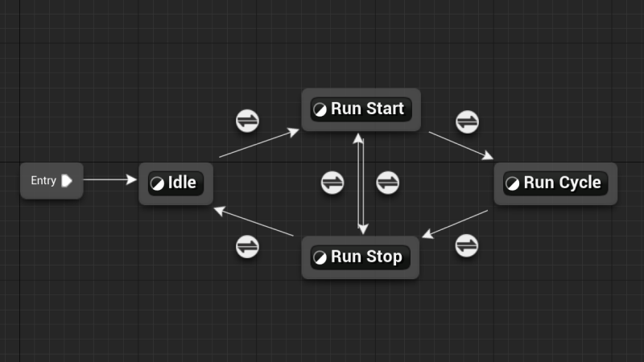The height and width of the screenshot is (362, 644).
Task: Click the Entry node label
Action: pyautogui.click(x=43, y=180)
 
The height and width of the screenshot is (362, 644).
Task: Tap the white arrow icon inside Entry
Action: pyautogui.click(x=67, y=180)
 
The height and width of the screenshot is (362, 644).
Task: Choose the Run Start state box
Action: pyautogui.click(x=361, y=109)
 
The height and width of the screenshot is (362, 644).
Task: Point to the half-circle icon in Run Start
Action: pyautogui.click(x=320, y=109)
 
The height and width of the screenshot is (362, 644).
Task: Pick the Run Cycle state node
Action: pyautogui.click(x=555, y=183)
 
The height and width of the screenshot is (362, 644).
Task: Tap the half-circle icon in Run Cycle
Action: pyautogui.click(x=513, y=183)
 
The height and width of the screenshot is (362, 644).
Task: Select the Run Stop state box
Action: pyautogui.click(x=361, y=257)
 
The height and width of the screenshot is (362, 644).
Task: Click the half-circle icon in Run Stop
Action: pyautogui.click(x=320, y=257)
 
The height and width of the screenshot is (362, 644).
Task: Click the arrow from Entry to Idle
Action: pyautogui.click(x=110, y=180)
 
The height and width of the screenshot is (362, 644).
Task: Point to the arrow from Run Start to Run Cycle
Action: pyautogui.click(x=460, y=146)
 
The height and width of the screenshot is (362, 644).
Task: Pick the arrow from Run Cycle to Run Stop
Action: pyautogui.click(x=455, y=224)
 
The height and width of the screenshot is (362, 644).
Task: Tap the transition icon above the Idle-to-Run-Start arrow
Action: pyautogui.click(x=247, y=121)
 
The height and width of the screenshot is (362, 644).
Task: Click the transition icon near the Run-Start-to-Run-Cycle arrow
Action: pyautogui.click(x=467, y=122)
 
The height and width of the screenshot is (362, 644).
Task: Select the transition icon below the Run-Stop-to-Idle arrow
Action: pyautogui.click(x=247, y=246)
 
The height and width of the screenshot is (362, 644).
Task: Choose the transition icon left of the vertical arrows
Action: pyautogui.click(x=332, y=183)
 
